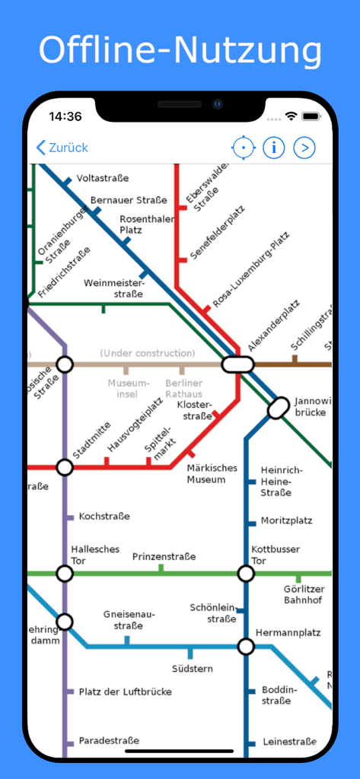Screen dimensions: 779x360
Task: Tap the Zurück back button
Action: point(62,148)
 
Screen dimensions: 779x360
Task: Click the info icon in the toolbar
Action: point(274,148)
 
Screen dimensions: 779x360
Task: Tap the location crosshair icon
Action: point(243,148)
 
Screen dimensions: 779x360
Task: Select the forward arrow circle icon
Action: point(304,148)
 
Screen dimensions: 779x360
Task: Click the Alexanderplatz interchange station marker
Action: point(237,364)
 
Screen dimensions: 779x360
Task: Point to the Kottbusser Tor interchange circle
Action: point(245,573)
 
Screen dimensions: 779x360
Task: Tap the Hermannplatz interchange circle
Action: point(245,647)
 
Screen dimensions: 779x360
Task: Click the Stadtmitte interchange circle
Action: point(65,467)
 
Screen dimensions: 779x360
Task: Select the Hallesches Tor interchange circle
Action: point(65,573)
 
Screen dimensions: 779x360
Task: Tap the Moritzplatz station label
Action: point(286,521)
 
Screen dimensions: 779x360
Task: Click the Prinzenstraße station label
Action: point(164,556)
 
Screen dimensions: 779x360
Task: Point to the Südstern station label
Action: point(193,669)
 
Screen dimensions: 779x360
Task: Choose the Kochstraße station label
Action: point(104,517)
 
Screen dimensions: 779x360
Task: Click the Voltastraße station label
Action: point(103,178)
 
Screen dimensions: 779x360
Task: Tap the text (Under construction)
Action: point(148,353)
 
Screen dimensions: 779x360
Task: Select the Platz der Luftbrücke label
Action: point(125,692)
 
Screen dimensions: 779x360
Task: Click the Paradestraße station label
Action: point(109,741)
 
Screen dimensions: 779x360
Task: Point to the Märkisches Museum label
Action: point(212,474)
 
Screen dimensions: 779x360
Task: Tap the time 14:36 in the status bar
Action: point(65,116)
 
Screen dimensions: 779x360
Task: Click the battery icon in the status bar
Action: point(311,116)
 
